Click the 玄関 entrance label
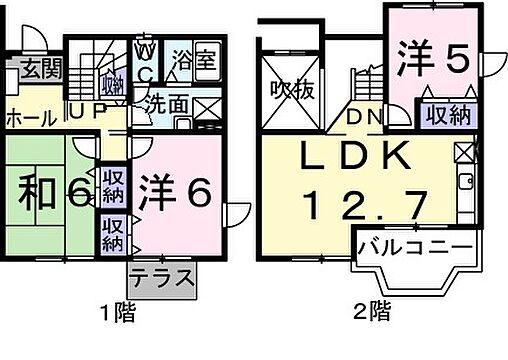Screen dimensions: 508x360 tap(39, 70)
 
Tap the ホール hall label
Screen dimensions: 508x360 tap(31, 118)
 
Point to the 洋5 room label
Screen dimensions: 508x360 tap(429, 59)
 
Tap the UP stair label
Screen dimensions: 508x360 tap(84, 112)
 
